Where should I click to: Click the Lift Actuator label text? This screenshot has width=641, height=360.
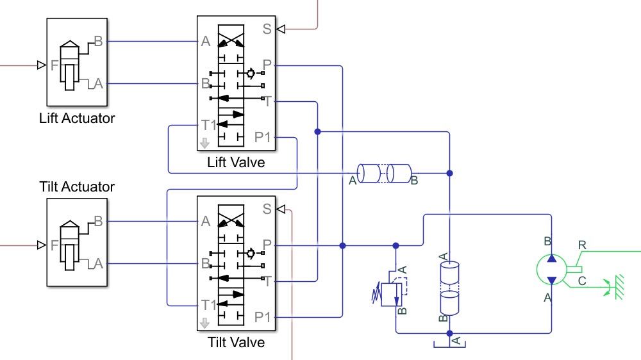point(77,118)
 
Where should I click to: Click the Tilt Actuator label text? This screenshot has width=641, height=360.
point(77,186)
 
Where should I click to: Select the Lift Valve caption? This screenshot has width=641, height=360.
point(236,163)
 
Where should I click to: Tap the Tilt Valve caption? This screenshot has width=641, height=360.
point(236,342)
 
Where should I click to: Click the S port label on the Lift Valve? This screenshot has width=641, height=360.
point(267,28)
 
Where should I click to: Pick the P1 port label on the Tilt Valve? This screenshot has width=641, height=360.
point(263,316)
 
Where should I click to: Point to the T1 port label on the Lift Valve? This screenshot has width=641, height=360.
point(207,124)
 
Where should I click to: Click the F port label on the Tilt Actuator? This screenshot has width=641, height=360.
point(54,245)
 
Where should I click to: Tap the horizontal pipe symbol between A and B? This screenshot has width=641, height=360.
point(384,173)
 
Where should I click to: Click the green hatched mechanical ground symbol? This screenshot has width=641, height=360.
point(619,285)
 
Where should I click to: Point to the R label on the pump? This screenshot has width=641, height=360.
point(582,244)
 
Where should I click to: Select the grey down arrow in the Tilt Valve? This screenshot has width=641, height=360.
point(204,322)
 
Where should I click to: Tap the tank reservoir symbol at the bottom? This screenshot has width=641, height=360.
point(449,343)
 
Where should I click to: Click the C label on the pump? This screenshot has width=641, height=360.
point(582,280)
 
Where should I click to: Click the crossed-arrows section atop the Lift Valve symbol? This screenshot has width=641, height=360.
point(231,36)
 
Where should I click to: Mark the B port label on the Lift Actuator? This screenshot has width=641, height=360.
point(98,42)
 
